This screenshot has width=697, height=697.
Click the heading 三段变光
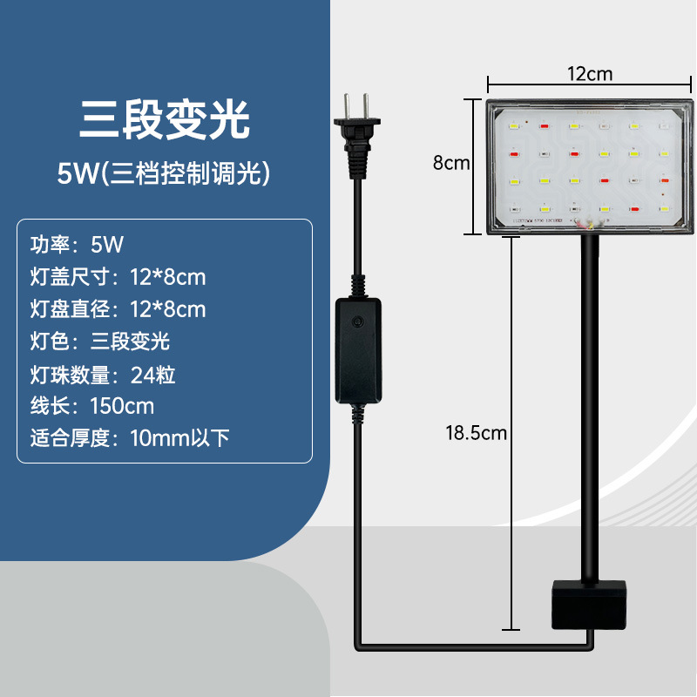pos(165,119)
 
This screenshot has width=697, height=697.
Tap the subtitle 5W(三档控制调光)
pos(165,173)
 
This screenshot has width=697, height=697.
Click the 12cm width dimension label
pos(590,74)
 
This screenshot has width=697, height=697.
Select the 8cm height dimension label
pos(451,163)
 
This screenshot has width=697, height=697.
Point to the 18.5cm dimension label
pos(476,432)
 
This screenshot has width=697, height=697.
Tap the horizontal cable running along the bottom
pos(470,646)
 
